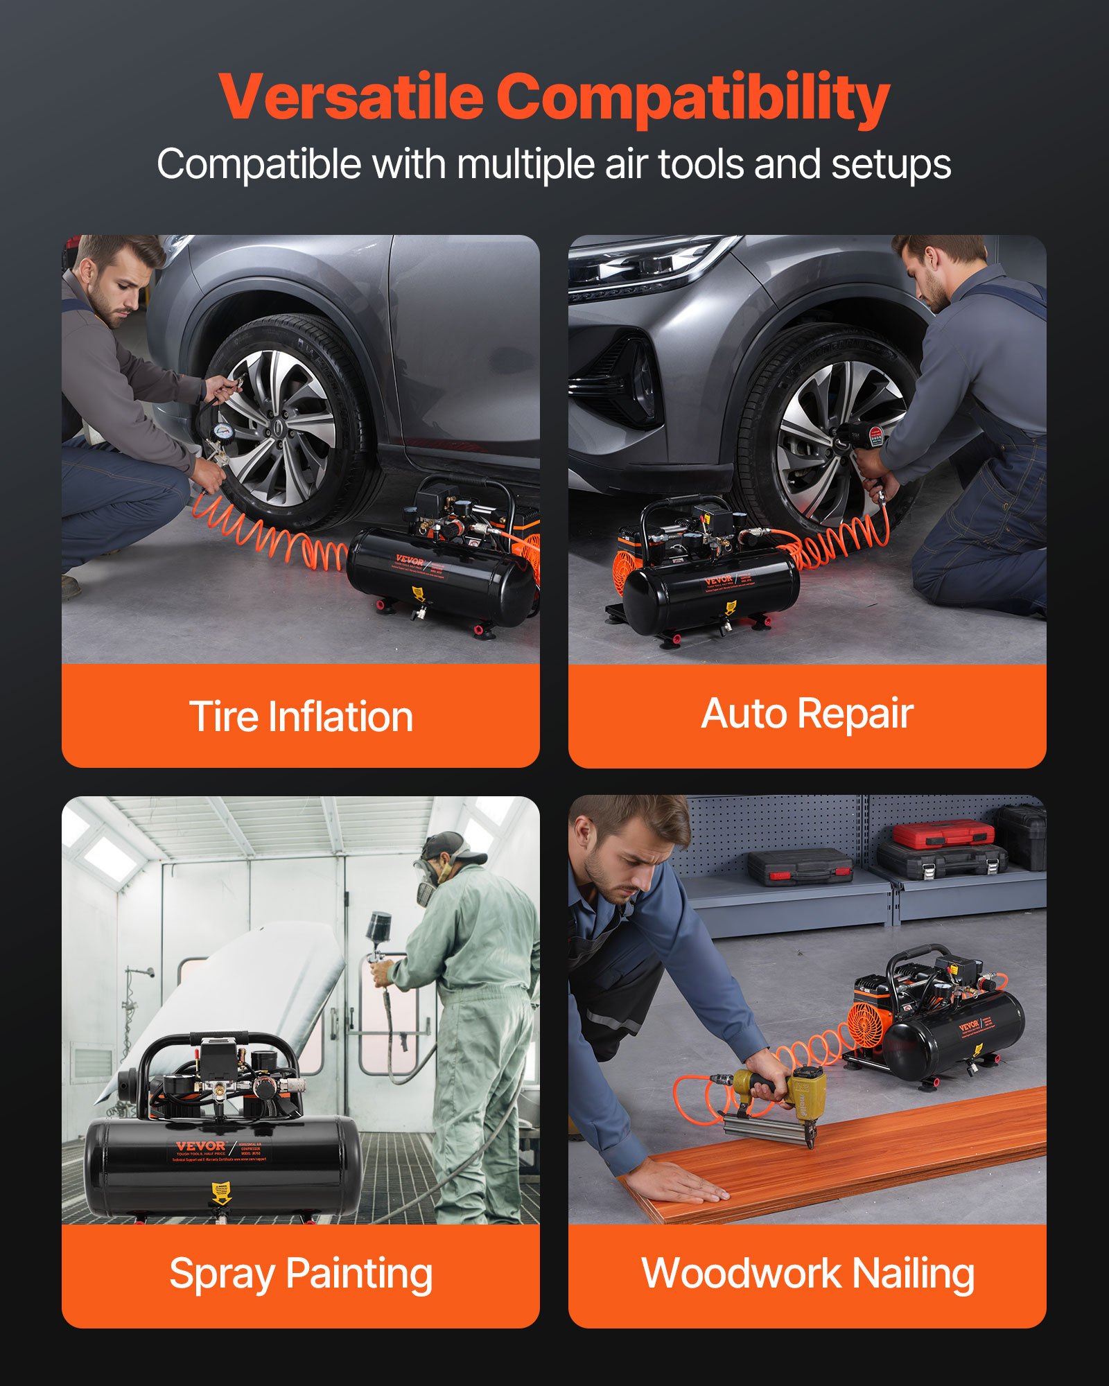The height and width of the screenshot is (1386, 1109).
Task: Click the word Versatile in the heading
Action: [x=351, y=97]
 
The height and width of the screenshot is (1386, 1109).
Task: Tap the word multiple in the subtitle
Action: [x=527, y=165]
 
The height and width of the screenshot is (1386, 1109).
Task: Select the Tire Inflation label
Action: [x=301, y=716]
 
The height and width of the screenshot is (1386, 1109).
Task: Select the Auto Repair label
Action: [x=807, y=714]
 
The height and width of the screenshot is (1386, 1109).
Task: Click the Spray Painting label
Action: [x=301, y=1274]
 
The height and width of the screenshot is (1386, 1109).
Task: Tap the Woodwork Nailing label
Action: [x=807, y=1274]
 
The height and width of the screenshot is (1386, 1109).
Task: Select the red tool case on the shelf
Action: [x=942, y=834]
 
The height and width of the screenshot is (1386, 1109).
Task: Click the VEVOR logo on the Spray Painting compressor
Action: [x=200, y=1147]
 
